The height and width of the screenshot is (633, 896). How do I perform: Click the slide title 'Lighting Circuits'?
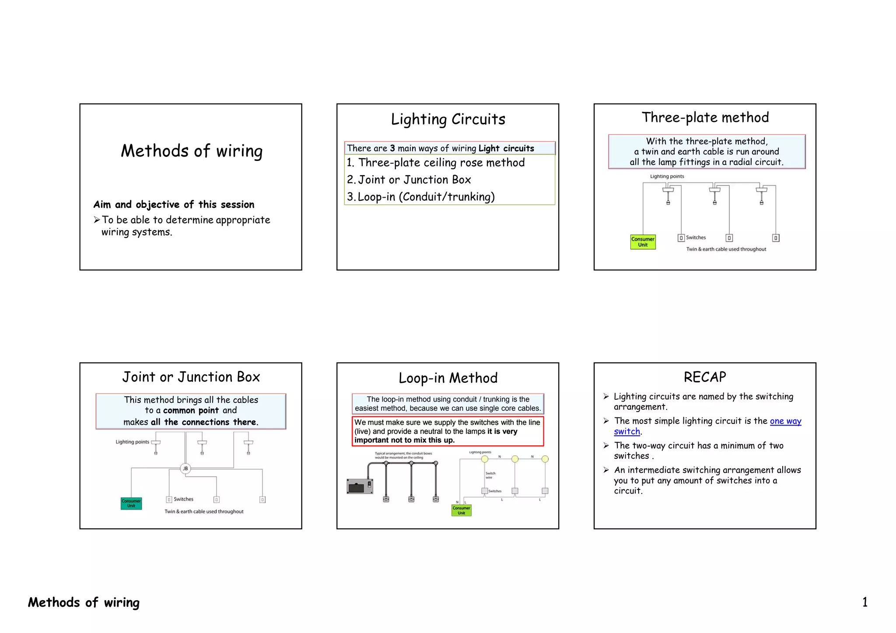(448, 119)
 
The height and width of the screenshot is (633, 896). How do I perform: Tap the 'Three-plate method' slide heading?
(705, 118)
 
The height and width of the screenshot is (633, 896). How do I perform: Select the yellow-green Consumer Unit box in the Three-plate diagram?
(642, 242)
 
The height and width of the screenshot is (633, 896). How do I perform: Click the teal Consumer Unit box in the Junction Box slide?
(131, 504)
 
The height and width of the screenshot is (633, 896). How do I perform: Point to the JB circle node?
(185, 469)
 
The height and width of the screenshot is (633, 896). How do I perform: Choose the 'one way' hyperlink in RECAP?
(785, 421)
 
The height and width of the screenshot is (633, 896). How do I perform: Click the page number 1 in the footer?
(864, 602)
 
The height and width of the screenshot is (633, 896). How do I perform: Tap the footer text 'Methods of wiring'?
(84, 602)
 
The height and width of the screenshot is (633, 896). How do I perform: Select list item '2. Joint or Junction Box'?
(409, 180)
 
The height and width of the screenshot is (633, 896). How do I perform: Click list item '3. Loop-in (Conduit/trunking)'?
(421, 197)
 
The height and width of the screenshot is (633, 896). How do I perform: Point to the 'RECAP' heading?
(704, 377)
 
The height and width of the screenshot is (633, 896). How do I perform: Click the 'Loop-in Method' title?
(448, 378)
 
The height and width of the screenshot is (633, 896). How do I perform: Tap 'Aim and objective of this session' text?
(174, 204)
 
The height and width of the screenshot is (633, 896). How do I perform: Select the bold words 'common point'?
(191, 410)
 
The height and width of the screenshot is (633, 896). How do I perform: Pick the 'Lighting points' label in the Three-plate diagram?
(667, 176)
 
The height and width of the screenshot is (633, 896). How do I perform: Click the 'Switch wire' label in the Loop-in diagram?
(490, 475)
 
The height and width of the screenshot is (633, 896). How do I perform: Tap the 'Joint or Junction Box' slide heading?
(191, 377)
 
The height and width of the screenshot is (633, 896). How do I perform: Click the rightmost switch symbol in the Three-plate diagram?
(776, 238)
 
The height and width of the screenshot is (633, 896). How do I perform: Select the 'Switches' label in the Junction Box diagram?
(183, 499)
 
